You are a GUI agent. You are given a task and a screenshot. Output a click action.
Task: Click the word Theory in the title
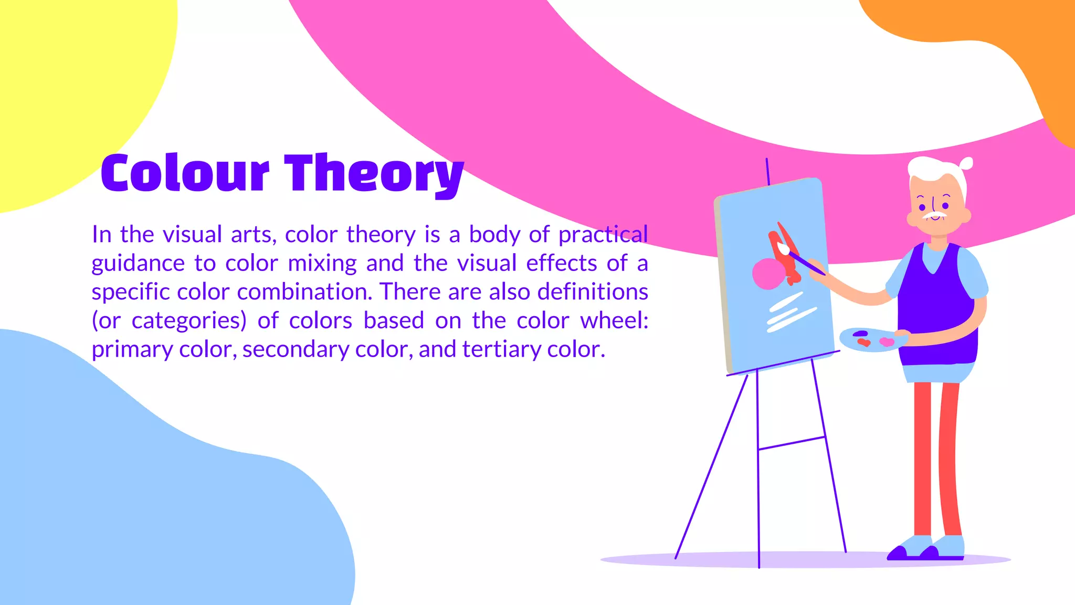pyautogui.click(x=374, y=173)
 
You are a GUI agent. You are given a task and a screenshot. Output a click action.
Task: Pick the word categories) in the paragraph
pyautogui.click(x=189, y=321)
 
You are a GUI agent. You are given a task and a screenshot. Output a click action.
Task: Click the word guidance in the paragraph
pyautogui.click(x=138, y=264)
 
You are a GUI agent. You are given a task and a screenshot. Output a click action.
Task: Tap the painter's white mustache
pyautogui.click(x=935, y=215)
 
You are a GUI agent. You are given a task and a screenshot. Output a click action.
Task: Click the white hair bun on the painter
pyautogui.click(x=966, y=163)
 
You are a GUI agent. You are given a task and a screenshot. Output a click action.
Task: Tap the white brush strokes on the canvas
pyautogui.click(x=790, y=313)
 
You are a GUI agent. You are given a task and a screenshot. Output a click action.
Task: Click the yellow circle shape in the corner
pyautogui.click(x=68, y=89)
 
